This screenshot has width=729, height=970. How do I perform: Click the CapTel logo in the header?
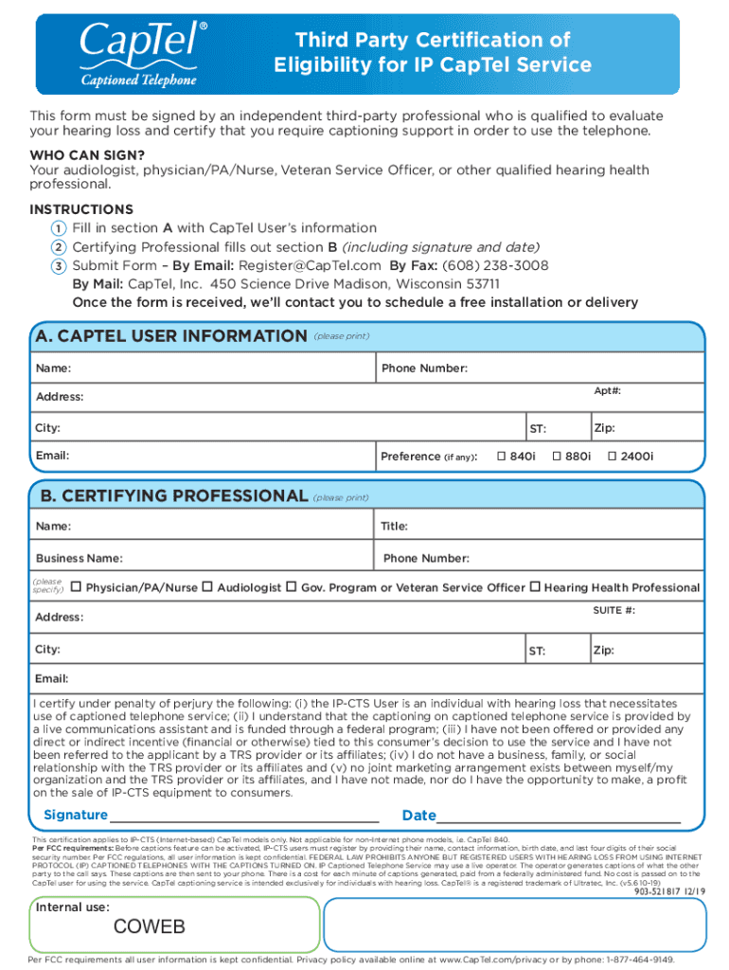tap(139, 53)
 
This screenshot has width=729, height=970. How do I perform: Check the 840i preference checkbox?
tap(502, 457)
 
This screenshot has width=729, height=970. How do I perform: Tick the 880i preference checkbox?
tap(557, 457)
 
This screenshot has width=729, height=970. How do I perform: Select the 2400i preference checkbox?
tap(612, 457)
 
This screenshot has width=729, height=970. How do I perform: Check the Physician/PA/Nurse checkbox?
tap(76, 587)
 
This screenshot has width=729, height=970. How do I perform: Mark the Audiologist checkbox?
tap(207, 587)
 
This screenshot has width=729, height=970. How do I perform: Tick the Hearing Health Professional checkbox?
tap(535, 587)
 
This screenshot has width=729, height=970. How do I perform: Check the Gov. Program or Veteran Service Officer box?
tap(292, 587)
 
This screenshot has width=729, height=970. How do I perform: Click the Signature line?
tap(244, 817)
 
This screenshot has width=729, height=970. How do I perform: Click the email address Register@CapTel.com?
tap(310, 265)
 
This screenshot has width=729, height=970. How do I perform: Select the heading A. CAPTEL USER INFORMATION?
tap(170, 336)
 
